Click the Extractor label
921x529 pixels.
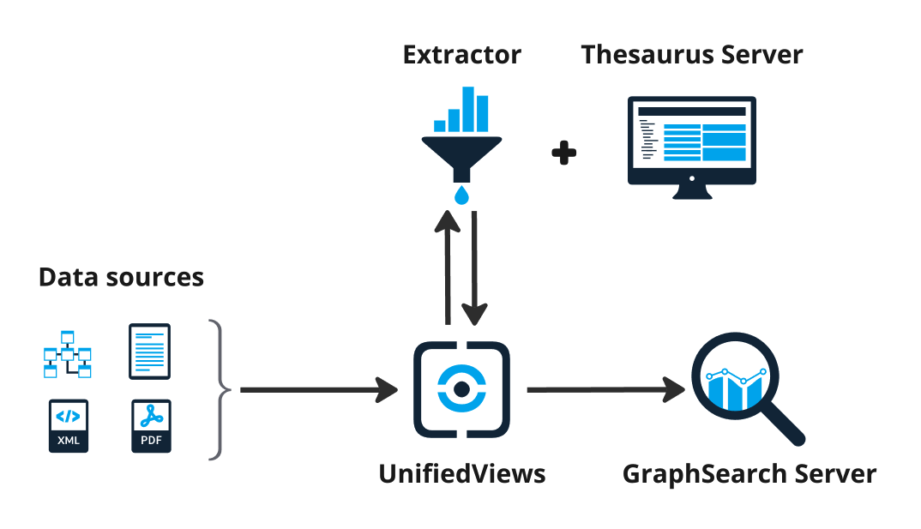click(461, 55)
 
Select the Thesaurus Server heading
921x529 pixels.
click(691, 55)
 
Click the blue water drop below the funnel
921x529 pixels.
click(462, 195)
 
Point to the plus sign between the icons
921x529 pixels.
click(563, 153)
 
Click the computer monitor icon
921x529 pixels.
click(691, 141)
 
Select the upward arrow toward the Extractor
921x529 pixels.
click(446, 266)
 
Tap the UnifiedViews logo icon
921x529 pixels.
click(461, 389)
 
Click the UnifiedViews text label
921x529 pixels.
click(461, 473)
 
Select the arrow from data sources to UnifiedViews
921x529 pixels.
click(317, 391)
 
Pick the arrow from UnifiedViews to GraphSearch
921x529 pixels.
click(605, 391)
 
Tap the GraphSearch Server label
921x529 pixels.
click(749, 473)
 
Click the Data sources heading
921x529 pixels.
click(121, 278)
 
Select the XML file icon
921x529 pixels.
click(68, 426)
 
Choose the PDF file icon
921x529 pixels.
click(151, 426)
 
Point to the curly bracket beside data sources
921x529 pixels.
click(220, 390)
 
